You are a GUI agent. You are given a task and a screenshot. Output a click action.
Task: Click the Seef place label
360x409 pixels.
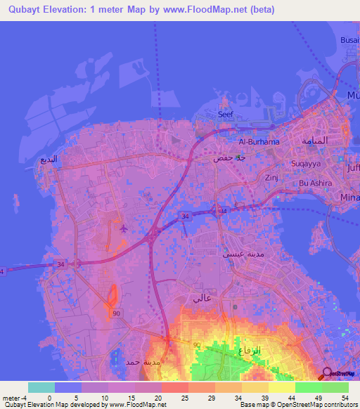[225, 114]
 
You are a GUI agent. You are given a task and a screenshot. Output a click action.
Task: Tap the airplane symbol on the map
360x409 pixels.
[124, 228]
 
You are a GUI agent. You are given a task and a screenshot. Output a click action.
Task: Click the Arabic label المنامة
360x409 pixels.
[314, 141]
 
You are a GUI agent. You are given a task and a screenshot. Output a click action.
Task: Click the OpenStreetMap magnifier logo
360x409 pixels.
[328, 373]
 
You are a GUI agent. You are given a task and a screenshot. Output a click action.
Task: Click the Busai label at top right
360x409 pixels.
[349, 41]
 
